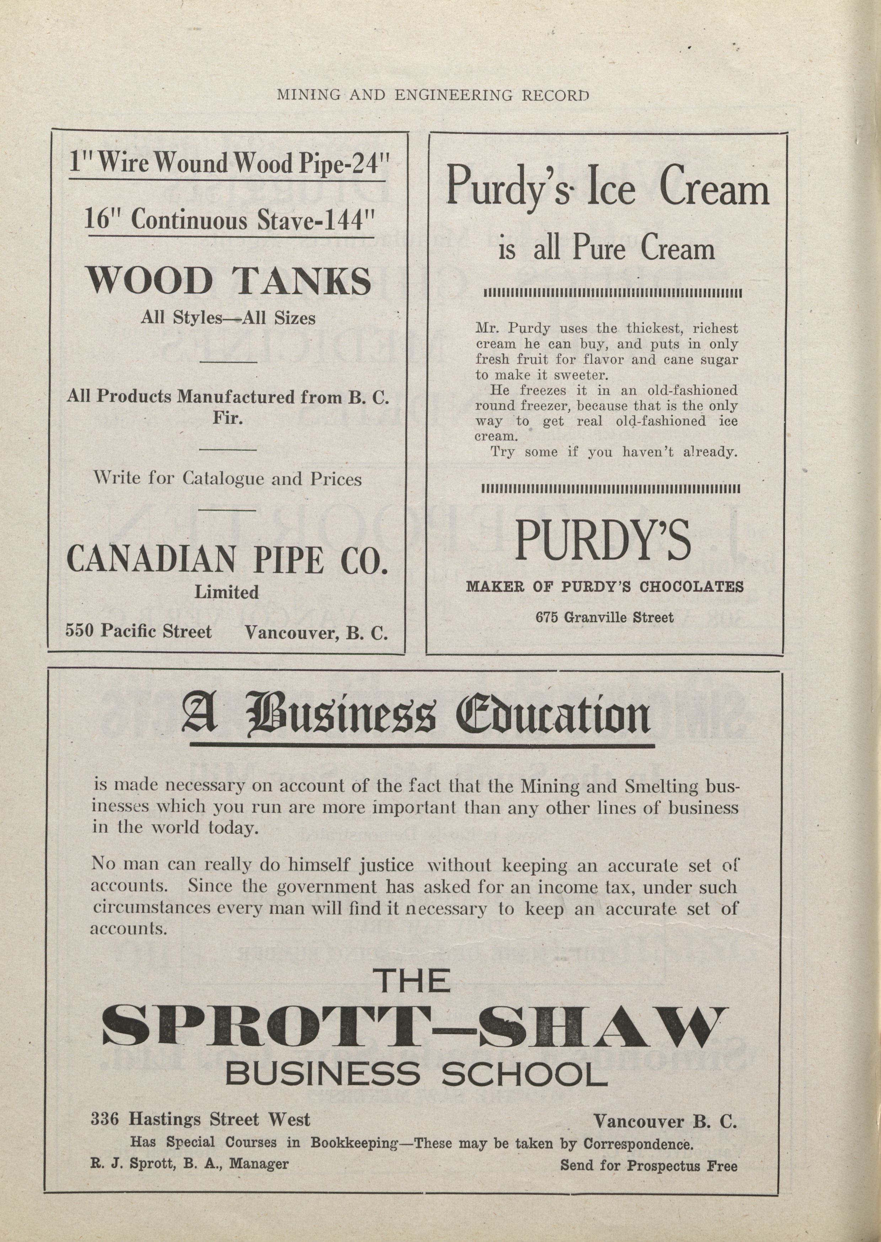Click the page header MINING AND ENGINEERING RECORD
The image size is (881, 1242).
click(x=432, y=96)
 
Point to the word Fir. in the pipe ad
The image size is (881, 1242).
click(x=227, y=419)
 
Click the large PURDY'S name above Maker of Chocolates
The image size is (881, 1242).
click(x=603, y=541)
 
